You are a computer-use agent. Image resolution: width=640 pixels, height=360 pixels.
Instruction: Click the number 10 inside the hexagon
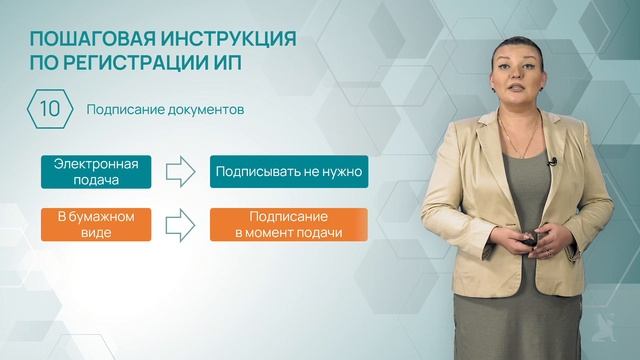point(49,108)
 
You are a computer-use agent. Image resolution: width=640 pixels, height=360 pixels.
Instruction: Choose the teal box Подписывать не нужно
point(287,172)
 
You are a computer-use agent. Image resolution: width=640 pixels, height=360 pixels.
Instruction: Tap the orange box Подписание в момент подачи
point(287,224)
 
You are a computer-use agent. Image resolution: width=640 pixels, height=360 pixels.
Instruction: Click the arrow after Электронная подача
point(181,172)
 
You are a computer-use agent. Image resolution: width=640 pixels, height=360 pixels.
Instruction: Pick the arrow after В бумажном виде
point(181,224)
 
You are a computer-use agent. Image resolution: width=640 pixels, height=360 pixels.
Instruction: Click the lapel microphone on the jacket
point(549,159)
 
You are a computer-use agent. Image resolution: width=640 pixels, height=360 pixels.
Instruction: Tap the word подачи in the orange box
point(319,233)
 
